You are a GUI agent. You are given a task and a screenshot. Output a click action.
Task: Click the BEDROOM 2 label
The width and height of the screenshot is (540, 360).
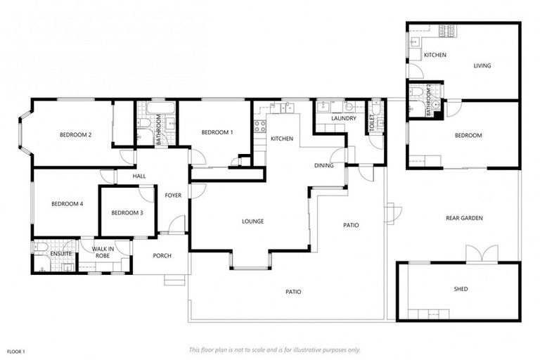tap(76, 135)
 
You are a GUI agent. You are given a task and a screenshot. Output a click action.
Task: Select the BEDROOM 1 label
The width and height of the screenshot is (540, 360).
tap(217, 132)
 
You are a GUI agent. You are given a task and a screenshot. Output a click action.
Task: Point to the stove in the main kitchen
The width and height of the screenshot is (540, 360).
tap(260, 127)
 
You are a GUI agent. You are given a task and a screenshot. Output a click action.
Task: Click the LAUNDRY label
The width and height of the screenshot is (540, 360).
tap(345, 119)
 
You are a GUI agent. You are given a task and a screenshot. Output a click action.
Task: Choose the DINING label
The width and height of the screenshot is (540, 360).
tap(323, 165)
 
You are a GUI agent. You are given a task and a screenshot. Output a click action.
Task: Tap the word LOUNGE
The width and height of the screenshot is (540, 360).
tap(252, 221)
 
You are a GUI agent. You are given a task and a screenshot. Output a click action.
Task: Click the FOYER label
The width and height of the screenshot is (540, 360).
tap(173, 195)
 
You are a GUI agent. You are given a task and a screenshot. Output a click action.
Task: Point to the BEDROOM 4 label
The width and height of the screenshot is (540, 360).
tap(67, 204)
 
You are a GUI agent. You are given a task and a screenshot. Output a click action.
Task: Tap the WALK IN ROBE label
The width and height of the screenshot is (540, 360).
tap(103, 252)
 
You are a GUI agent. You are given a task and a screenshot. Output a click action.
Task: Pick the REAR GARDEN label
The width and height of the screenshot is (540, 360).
tap(464, 218)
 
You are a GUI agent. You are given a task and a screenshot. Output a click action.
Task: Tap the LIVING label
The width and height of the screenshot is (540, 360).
tap(482, 66)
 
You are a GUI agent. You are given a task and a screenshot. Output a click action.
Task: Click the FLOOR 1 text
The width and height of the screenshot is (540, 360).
tap(16, 351)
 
